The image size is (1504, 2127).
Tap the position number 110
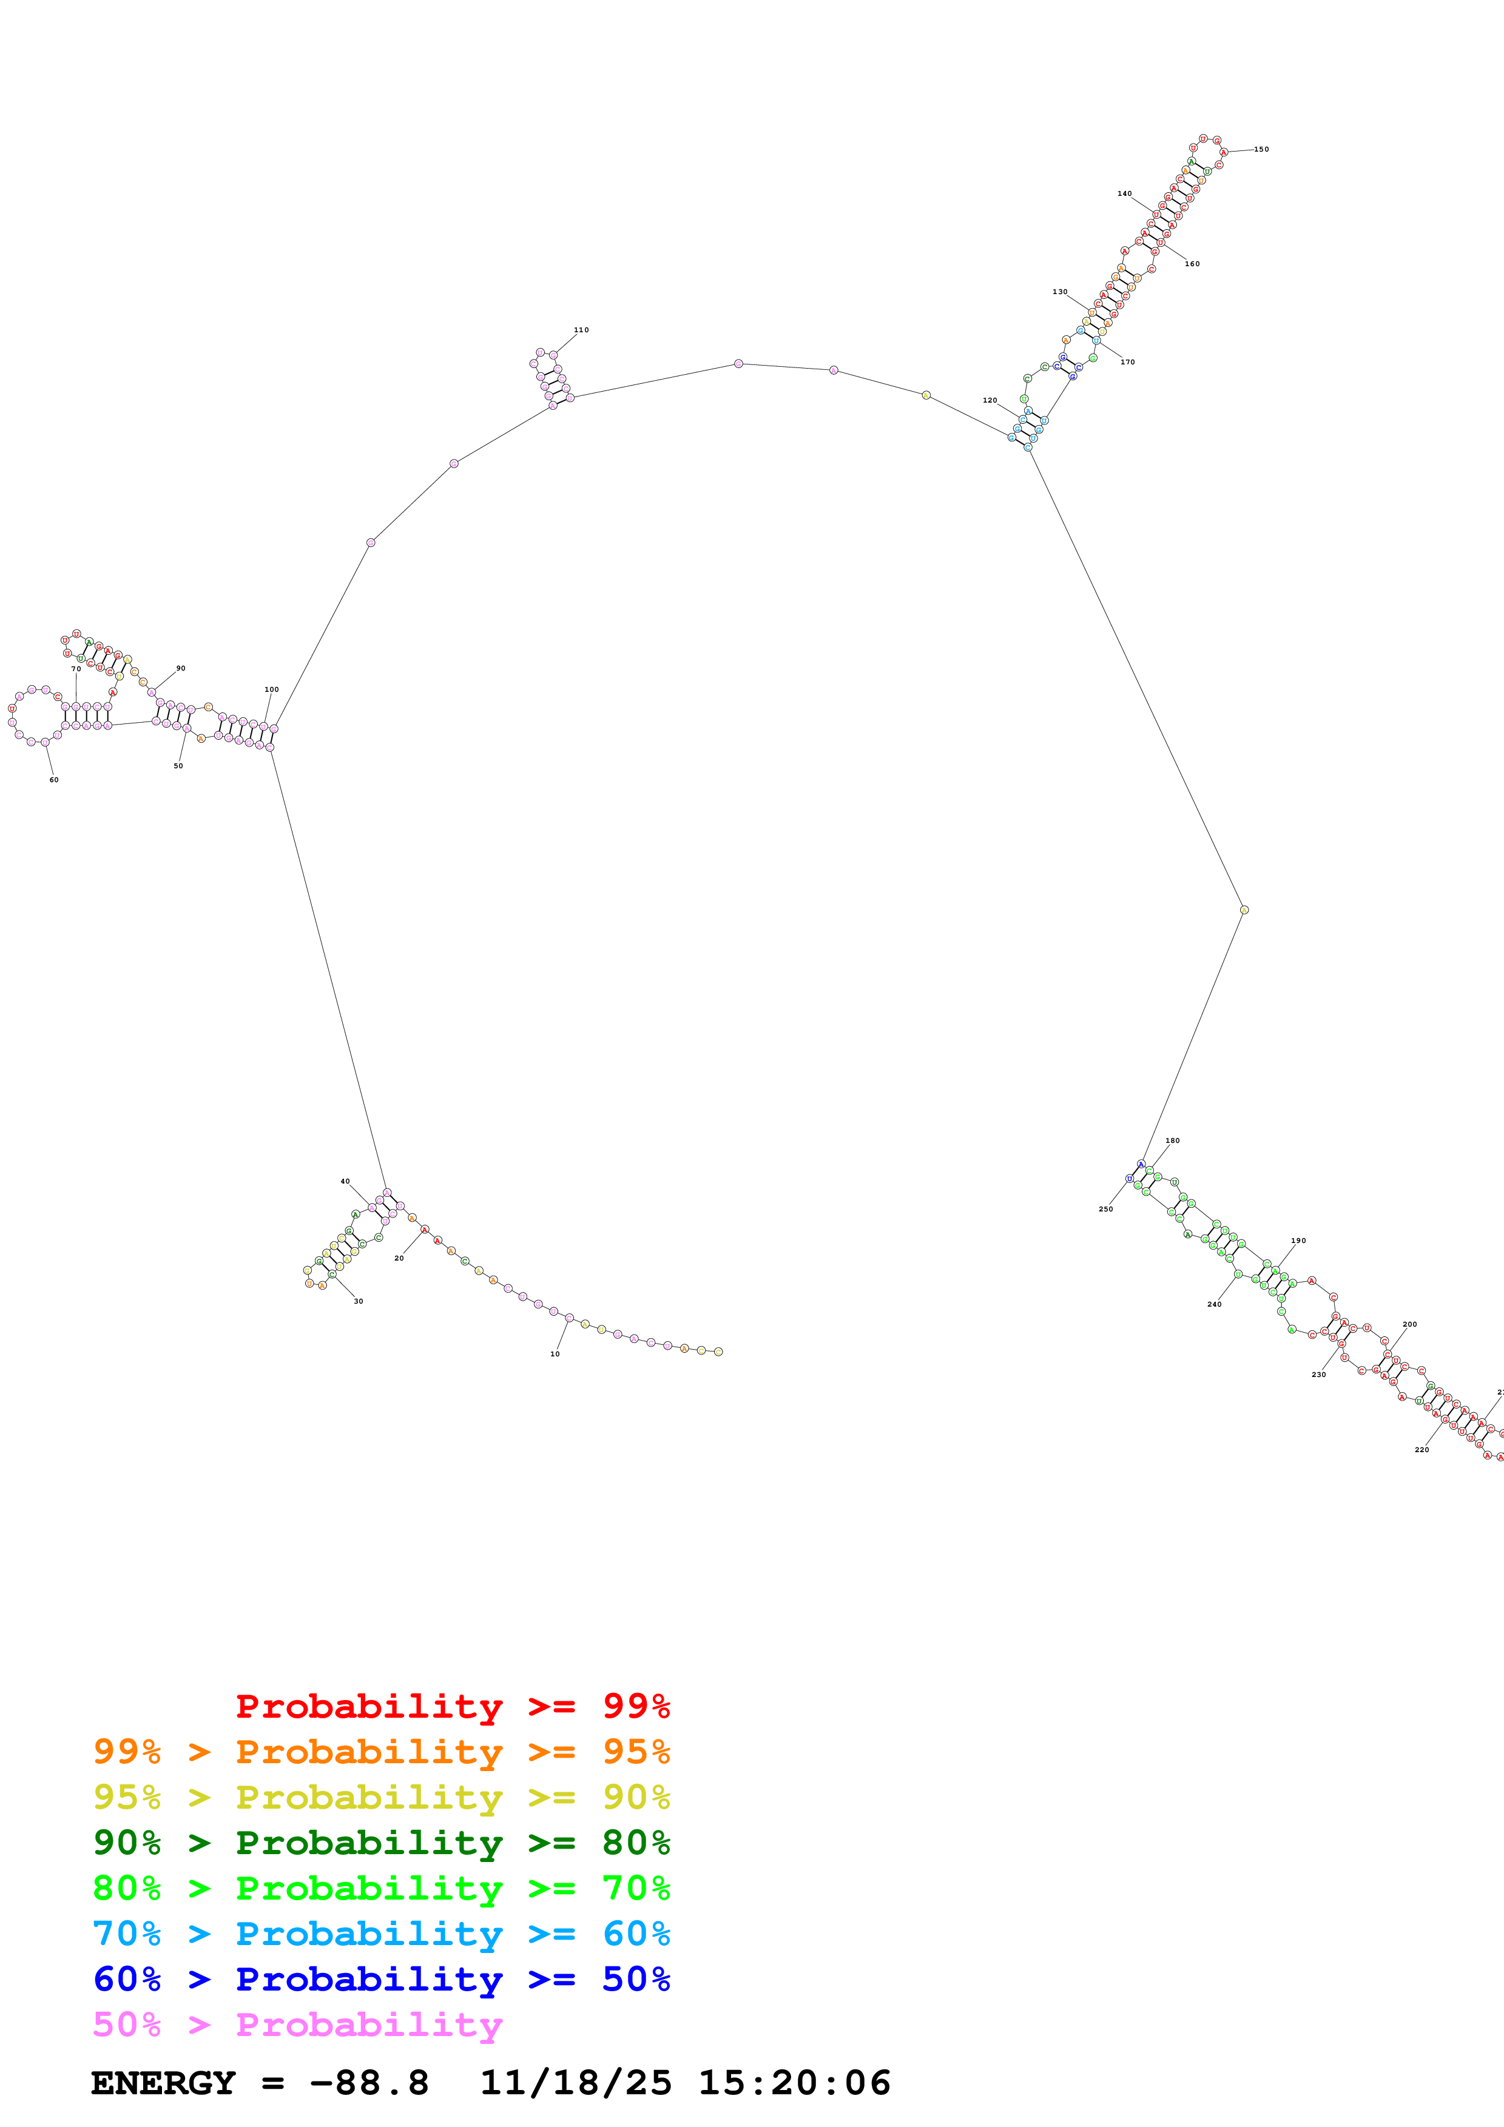point(581,330)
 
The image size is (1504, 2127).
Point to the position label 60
point(54,780)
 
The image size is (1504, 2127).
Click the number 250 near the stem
point(1105,1209)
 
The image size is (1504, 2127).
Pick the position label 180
point(1172,1141)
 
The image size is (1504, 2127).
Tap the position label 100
point(272,689)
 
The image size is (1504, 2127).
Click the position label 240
point(1214,1304)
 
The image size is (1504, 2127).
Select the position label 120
point(990,400)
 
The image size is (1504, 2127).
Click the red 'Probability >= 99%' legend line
point(452,1706)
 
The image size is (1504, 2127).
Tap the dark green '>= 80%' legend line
point(381,1843)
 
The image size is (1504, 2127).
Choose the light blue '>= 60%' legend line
point(381,1934)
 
